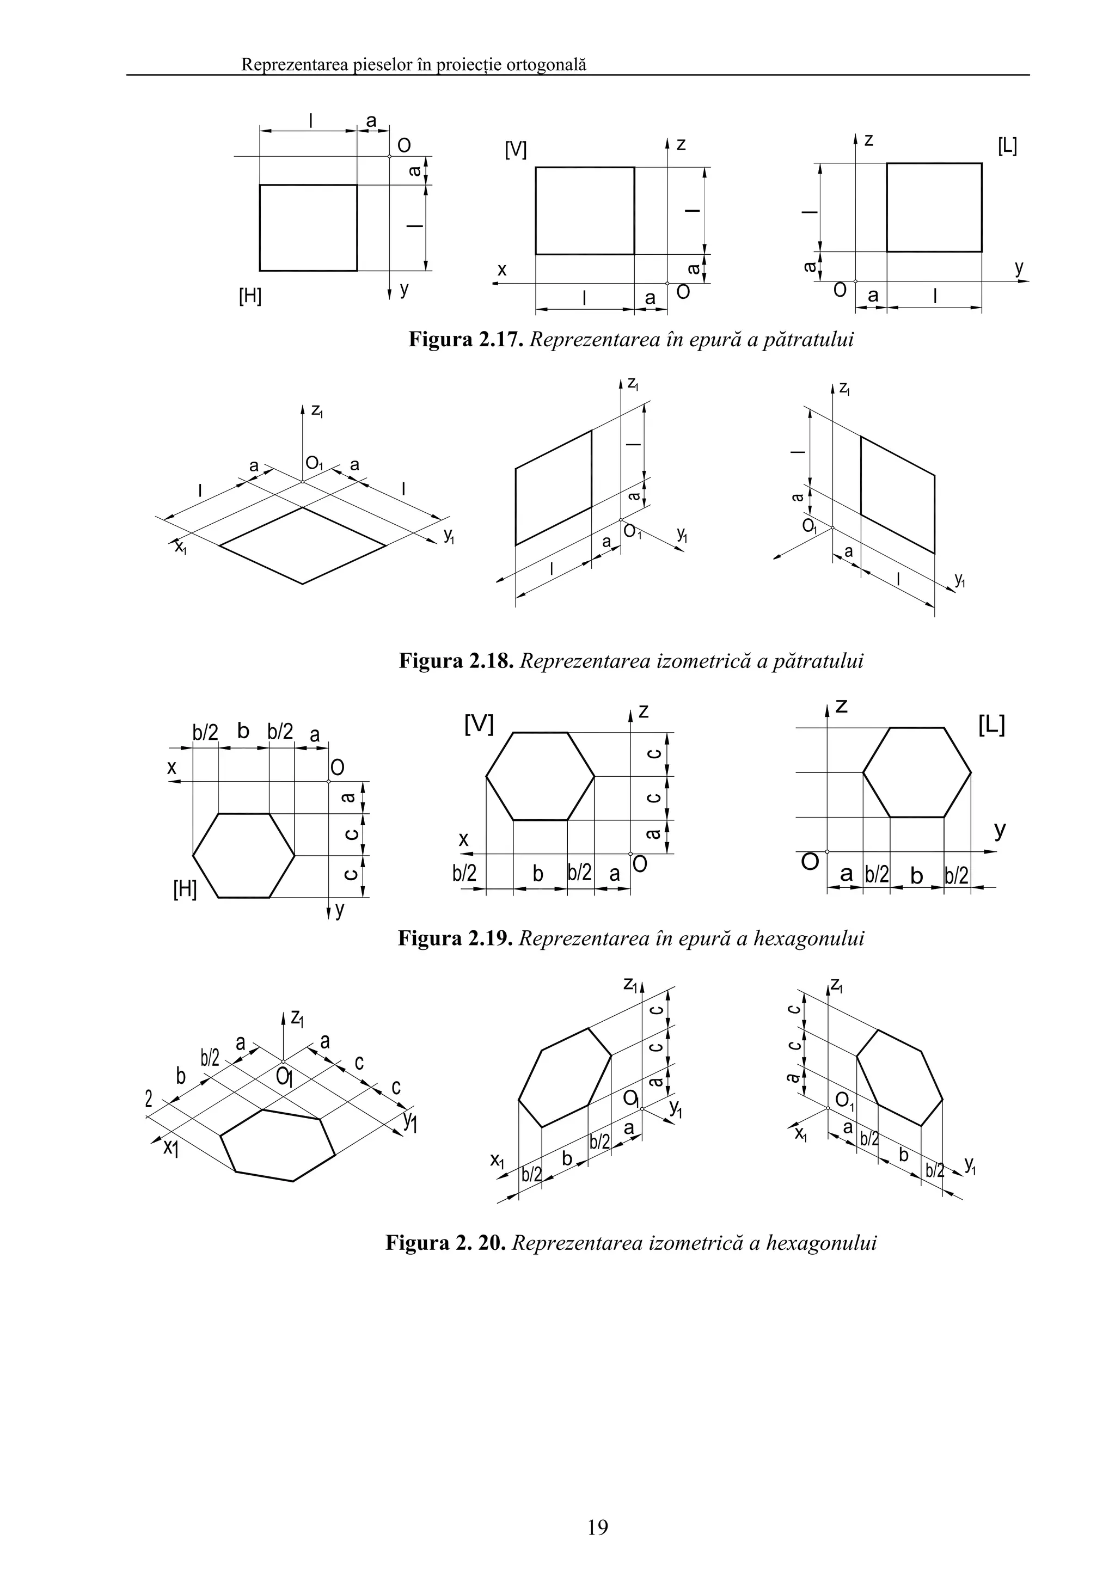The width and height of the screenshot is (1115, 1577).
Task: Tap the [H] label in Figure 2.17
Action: point(250,296)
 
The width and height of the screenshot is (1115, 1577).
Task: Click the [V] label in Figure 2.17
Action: point(515,149)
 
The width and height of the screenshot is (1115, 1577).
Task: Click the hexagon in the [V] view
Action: point(541,776)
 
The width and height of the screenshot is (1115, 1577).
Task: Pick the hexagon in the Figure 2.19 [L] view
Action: point(916,772)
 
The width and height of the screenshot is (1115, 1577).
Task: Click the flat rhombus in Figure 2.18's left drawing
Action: point(302,546)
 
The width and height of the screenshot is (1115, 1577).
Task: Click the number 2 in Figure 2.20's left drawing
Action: point(149,1100)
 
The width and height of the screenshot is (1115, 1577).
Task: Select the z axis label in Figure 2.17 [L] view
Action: point(869,140)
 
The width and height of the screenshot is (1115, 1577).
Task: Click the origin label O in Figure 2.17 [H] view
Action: point(404,145)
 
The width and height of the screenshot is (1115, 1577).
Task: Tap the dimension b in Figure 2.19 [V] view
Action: point(538,874)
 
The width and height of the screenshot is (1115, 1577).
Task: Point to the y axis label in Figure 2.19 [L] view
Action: point(1000,831)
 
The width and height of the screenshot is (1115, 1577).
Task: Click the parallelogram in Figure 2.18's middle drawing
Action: point(553,488)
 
